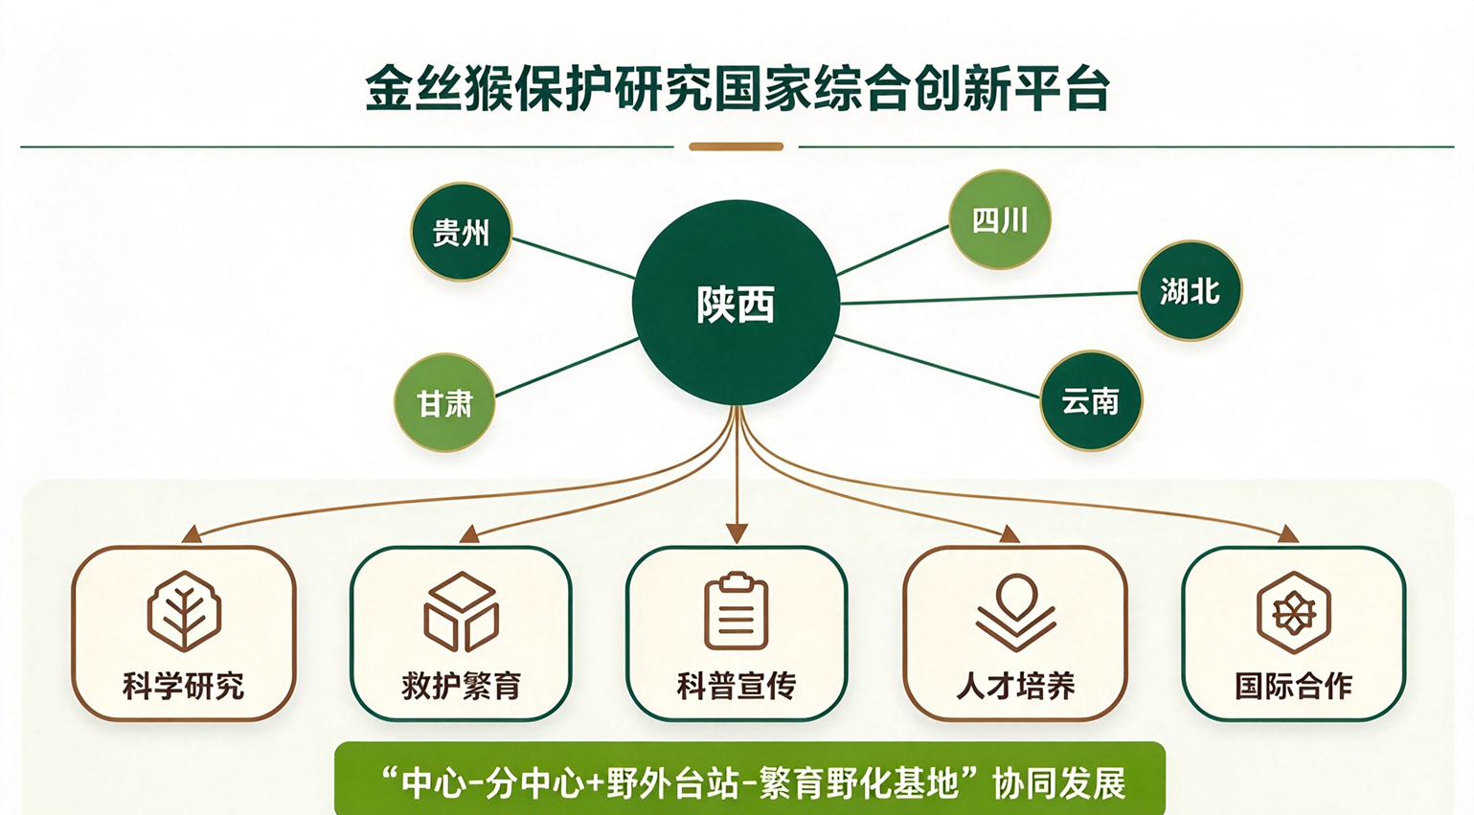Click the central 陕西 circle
[x=736, y=303]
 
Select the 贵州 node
[x=461, y=232]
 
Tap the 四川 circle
[x=1000, y=219]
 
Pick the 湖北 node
[x=1190, y=291]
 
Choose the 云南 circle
[x=1090, y=400]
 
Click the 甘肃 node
[x=444, y=402]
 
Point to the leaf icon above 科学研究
[x=184, y=611]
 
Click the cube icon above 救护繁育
[x=461, y=612]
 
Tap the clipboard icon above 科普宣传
[x=737, y=611]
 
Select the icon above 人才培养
[x=1015, y=612]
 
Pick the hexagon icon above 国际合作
[x=1294, y=612]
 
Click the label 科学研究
[x=184, y=686]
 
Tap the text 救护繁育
[x=462, y=686]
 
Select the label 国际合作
[x=1294, y=686]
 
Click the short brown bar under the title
[x=737, y=147]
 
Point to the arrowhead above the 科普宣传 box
[x=737, y=533]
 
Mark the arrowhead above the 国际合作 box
[x=1288, y=534]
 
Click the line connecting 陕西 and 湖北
[x=989, y=298]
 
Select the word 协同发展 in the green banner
[x=1058, y=782]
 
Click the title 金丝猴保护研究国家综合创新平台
[x=737, y=87]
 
